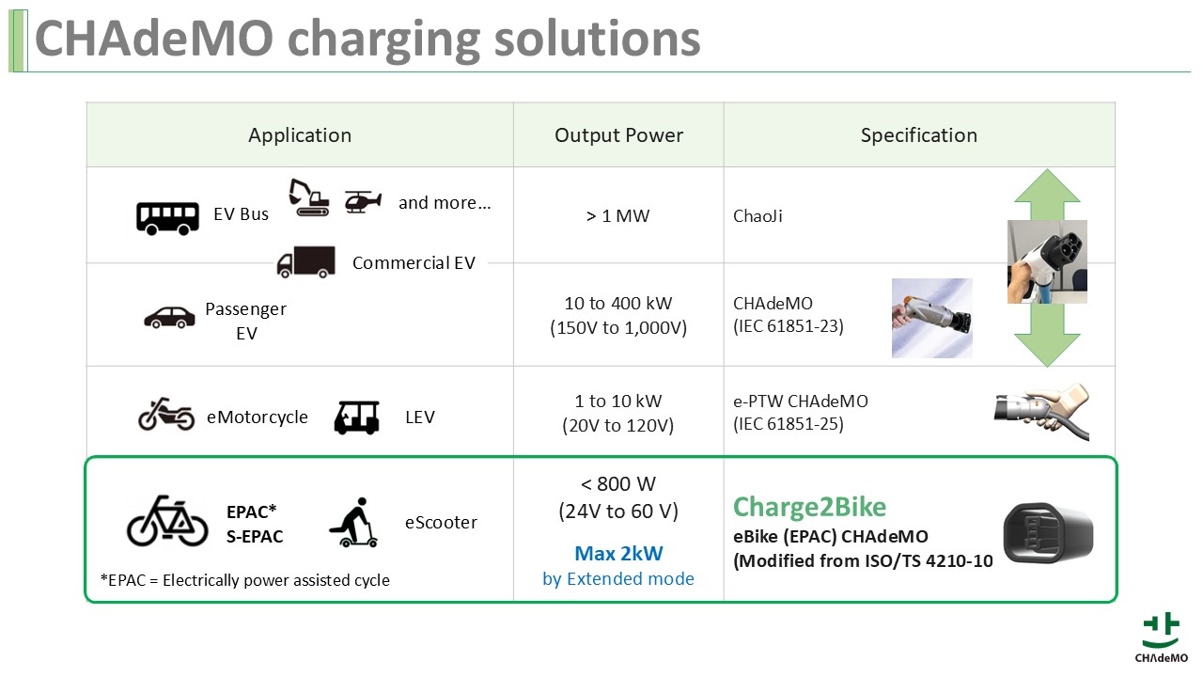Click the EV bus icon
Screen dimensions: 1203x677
tap(167, 218)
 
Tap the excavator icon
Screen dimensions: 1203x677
tap(309, 197)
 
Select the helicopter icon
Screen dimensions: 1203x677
tap(363, 201)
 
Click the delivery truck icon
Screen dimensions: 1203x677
tap(306, 262)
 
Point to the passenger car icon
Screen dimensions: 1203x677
tap(169, 318)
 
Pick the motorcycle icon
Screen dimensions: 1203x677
tap(166, 415)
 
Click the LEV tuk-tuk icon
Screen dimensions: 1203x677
tap(356, 417)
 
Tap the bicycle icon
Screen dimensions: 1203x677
tap(167, 521)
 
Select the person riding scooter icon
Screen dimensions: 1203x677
tap(353, 522)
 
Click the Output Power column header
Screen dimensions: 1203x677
tap(618, 135)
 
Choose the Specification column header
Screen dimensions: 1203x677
tap(919, 135)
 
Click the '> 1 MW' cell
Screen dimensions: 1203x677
tap(618, 216)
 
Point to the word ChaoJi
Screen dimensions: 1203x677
tap(758, 216)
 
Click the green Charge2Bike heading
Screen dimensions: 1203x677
tap(810, 507)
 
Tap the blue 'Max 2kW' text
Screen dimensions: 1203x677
tap(618, 554)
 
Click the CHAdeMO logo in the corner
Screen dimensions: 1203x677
tap(1161, 638)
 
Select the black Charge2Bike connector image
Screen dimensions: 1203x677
tap(1048, 533)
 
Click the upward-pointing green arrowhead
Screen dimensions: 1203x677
tap(1047, 186)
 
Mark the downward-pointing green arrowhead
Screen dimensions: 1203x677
tap(1047, 351)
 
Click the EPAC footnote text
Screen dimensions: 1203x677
tap(245, 580)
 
